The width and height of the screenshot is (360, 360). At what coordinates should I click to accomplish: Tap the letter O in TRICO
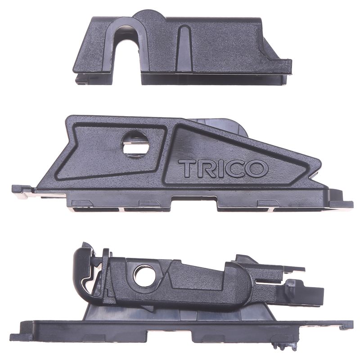click(258, 169)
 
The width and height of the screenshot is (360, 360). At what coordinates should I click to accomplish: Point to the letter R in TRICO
click(203, 168)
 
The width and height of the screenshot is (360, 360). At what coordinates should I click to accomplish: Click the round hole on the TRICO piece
click(135, 144)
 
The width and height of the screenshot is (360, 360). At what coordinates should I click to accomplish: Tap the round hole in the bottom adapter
click(144, 275)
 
